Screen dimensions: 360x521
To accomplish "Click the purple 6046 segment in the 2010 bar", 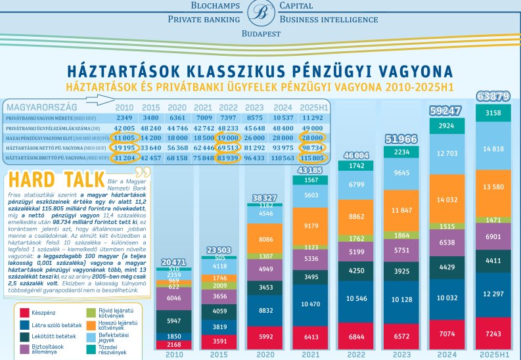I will tap(174, 298).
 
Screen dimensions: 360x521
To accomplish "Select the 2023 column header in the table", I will tap(255, 107).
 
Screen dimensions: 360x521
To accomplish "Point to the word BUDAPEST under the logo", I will tap(261, 33).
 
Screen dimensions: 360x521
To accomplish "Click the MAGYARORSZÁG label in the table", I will tap(41, 106).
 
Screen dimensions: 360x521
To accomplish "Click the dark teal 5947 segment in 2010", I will tap(174, 321).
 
